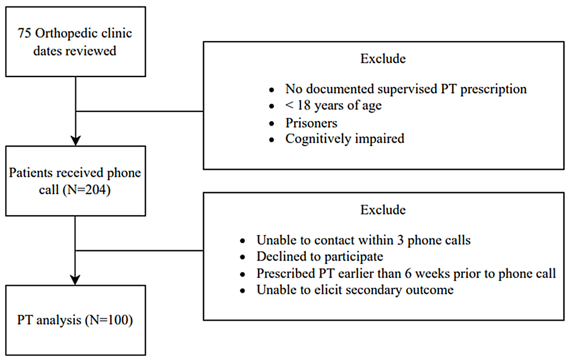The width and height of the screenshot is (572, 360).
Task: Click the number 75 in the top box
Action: (x=24, y=33)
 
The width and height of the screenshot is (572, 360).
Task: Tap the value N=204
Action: (x=86, y=190)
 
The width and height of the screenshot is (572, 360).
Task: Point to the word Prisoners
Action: (x=311, y=123)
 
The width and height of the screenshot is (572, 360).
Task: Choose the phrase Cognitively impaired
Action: (x=345, y=139)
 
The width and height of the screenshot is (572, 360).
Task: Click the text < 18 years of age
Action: (x=334, y=106)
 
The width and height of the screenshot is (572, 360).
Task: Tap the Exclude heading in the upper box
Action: (x=383, y=59)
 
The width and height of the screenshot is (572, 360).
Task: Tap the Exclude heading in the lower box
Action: (x=383, y=210)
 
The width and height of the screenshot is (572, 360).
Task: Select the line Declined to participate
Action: (x=320, y=256)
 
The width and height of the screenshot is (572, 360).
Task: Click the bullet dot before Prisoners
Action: (x=271, y=124)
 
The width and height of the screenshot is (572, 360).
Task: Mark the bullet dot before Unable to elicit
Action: (x=242, y=291)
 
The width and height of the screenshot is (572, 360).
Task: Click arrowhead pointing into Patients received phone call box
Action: (x=75, y=141)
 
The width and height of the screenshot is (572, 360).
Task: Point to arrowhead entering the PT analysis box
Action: (x=75, y=280)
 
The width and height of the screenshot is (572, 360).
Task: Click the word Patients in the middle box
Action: (x=31, y=172)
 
